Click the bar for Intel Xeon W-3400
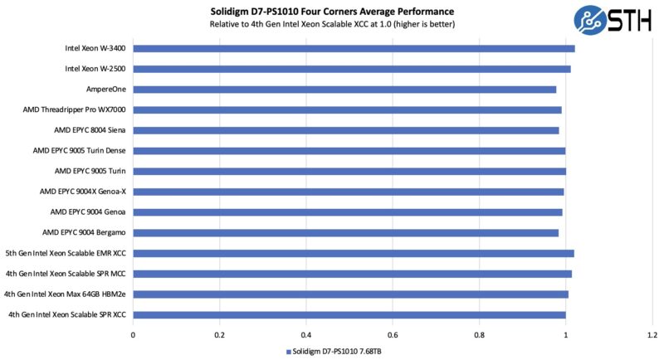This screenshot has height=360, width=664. [354, 48]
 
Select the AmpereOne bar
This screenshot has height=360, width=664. [344, 89]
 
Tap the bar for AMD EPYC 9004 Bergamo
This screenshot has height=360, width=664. [345, 232]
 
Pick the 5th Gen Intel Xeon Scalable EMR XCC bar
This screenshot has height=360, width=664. [354, 253]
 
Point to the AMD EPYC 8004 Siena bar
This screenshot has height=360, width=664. [346, 130]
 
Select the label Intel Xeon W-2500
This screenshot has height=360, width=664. [95, 69]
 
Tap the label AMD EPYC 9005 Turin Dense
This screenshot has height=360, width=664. [80, 151]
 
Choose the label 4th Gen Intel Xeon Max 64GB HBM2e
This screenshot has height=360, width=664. [66, 294]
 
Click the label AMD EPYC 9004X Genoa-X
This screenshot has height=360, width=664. [83, 192]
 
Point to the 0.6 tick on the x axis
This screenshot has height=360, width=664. [393, 335]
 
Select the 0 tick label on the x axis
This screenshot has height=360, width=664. [133, 335]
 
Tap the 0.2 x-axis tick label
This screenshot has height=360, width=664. [219, 335]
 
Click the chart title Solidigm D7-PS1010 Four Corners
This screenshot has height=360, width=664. [332, 11]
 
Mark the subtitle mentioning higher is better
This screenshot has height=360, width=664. [332, 24]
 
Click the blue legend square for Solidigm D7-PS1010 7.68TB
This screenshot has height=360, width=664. [289, 352]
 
